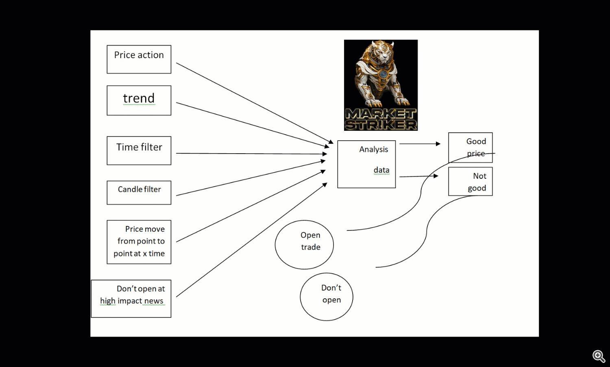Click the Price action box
coord(139,59)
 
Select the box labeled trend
coord(139,100)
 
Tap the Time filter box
coord(139,150)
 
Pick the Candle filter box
coord(139,193)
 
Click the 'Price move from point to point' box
coord(139,242)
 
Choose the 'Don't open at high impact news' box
coord(131,299)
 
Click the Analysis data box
coord(366,164)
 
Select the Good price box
coord(470,148)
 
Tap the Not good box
coord(470,181)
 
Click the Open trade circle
coord(304,245)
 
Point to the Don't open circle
coord(327,297)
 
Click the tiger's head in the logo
coord(383,51)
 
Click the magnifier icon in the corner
coord(599,356)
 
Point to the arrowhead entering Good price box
coord(438,144)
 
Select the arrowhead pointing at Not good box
coord(436,176)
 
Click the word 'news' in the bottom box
coord(154,301)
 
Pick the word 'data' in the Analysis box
coord(381,170)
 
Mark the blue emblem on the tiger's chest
coord(383,74)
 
